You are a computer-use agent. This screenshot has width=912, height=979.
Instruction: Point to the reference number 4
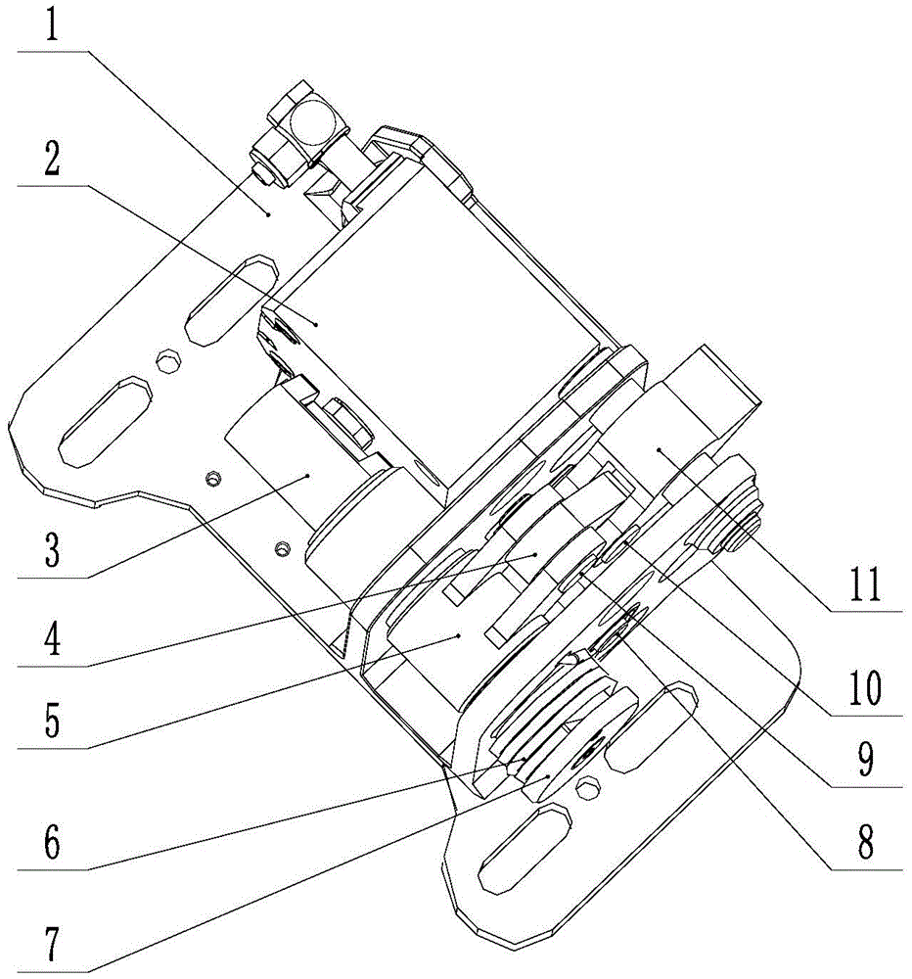pos(51,642)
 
